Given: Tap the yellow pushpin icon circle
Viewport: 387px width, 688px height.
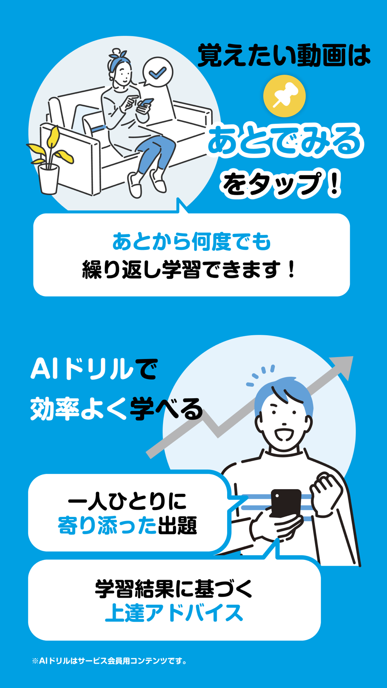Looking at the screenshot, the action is point(284,96).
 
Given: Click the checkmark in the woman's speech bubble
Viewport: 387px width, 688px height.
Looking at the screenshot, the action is point(158,72).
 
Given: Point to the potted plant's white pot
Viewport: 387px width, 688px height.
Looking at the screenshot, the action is point(49,179).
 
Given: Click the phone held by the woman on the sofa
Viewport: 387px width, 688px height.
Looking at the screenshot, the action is point(146,103).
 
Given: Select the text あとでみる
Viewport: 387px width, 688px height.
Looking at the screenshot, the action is point(285,142).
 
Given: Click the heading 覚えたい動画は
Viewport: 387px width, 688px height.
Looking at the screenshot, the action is point(284,55).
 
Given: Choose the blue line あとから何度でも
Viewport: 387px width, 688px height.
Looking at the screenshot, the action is point(192,241).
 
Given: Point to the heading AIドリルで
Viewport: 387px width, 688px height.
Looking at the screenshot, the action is point(94,369).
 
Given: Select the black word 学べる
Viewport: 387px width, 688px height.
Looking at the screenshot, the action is point(166,409).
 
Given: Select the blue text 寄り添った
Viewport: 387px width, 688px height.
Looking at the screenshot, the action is point(107,525).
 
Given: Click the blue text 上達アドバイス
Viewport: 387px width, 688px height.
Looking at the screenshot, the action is point(174,613).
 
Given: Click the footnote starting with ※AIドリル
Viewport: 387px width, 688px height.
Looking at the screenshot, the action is point(110,661).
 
